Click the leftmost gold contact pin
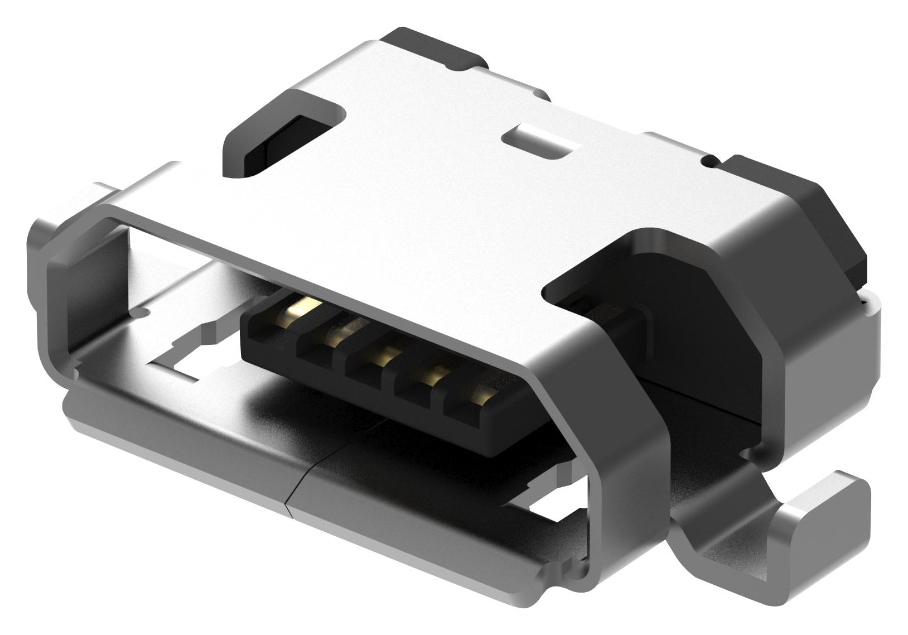(306, 305)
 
